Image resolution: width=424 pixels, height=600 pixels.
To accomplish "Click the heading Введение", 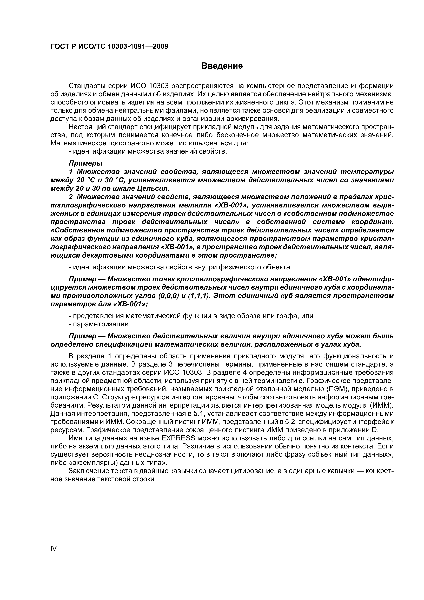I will (222, 66).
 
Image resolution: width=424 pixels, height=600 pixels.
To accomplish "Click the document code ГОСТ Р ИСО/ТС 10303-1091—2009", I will (109, 47).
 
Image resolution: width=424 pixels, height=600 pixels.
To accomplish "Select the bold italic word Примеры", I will (86, 163).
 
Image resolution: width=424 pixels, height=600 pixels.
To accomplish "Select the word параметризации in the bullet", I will (101, 324).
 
